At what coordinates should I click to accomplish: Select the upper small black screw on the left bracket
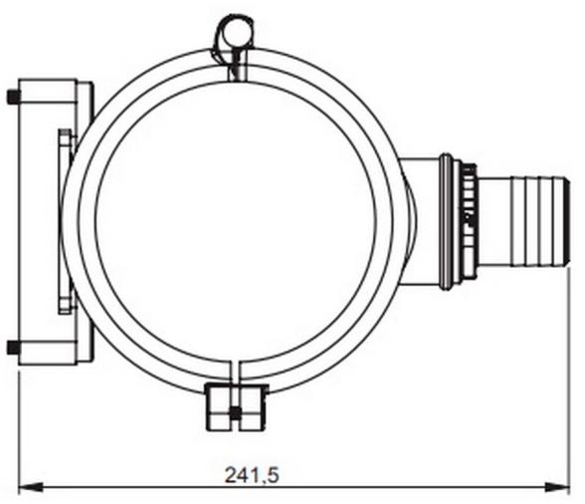[x=12, y=97]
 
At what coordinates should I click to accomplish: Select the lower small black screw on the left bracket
[x=12, y=348]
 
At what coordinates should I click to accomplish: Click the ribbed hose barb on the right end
[x=537, y=220]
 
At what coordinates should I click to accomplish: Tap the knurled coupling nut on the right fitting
[x=467, y=220]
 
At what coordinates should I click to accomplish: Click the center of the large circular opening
[x=240, y=220]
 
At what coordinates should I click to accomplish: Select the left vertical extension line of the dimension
[x=21, y=428]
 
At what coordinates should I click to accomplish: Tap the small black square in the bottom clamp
[x=234, y=412]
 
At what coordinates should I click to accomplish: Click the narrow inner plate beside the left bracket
[x=65, y=221]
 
